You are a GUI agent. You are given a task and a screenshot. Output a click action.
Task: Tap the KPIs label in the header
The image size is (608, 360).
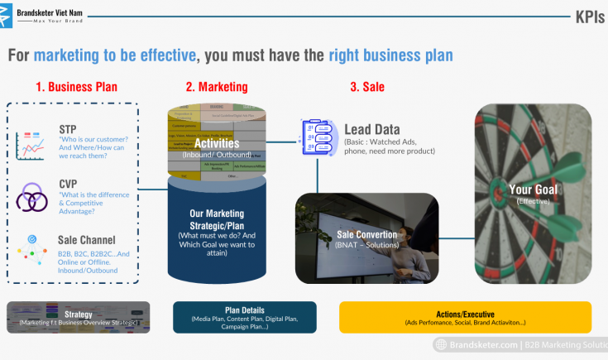590,17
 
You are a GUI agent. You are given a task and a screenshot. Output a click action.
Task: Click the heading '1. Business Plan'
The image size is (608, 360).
76,86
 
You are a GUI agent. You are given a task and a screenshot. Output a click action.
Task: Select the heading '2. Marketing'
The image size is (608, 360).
216,86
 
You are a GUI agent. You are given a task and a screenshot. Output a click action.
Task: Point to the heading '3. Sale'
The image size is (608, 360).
367,86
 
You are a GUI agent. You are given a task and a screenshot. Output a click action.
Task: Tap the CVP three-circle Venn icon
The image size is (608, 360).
32,199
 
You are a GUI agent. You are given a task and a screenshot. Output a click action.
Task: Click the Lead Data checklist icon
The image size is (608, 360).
318,136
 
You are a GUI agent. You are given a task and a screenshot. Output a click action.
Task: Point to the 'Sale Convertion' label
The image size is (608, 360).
367,234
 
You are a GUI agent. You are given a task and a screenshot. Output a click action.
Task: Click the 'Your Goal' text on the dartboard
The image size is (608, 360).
533,190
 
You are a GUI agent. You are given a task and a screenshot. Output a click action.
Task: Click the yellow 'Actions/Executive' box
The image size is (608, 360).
465,317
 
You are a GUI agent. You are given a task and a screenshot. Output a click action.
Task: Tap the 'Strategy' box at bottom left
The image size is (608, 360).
79,317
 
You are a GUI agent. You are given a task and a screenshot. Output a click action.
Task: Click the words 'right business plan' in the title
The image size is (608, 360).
390,55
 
